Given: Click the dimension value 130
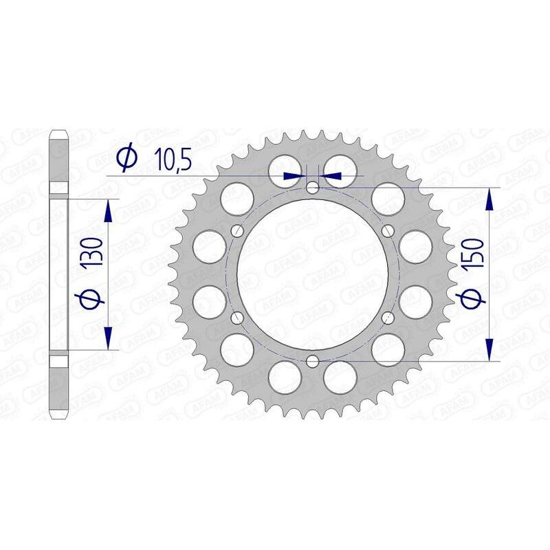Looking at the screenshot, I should click(96, 253).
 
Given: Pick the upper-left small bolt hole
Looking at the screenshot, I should click(238, 230).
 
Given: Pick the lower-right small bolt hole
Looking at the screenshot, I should click(388, 317).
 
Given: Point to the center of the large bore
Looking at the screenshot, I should click(313, 274).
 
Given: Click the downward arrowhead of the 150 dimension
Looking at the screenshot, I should click(489, 348).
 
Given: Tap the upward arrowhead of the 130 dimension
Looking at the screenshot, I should click(107, 211).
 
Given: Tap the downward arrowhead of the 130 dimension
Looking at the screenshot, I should click(107, 337).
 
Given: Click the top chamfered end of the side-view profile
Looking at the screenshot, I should click(59, 135).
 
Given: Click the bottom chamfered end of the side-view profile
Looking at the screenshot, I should click(59, 412).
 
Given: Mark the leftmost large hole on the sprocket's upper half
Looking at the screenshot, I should click(207, 245).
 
